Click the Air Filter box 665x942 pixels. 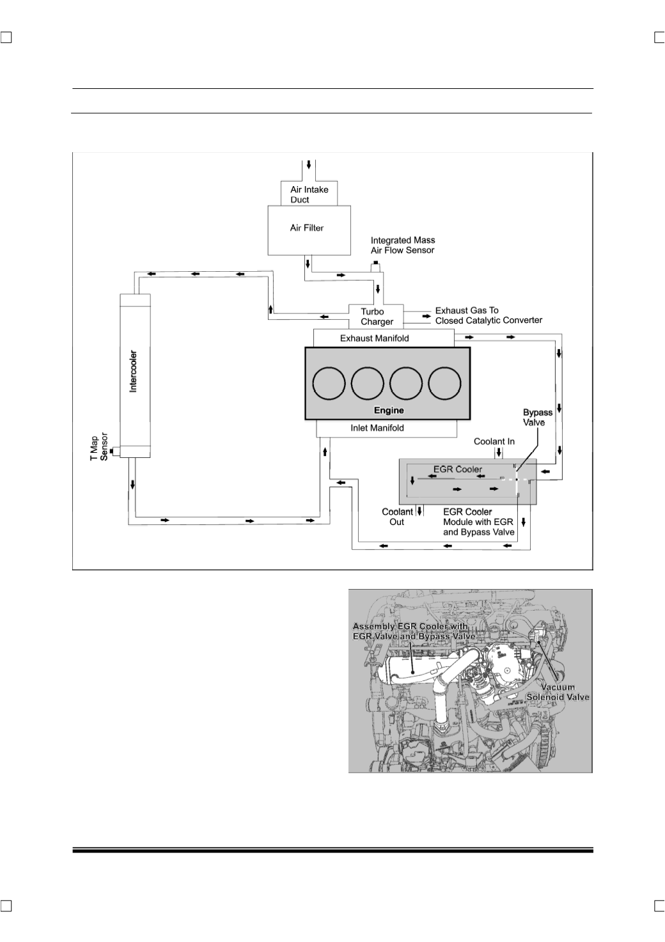point(309,230)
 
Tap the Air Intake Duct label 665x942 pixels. point(309,194)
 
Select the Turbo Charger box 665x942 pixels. point(376,317)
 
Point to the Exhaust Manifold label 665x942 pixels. point(374,338)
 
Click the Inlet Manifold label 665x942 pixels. point(377,428)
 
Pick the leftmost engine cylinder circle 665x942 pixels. point(329,383)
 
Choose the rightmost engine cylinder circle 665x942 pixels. point(444,383)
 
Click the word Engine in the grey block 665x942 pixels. point(389,410)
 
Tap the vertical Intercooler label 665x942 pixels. point(133,372)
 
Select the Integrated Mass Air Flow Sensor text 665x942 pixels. point(402,245)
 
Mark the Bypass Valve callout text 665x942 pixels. point(537,417)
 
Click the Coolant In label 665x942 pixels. point(494,441)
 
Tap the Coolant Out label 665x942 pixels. point(397,517)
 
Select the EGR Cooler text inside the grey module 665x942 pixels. point(458,469)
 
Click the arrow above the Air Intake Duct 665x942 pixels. point(309,164)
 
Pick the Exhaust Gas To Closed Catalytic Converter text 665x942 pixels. point(489,315)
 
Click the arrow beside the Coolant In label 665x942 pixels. point(499,453)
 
